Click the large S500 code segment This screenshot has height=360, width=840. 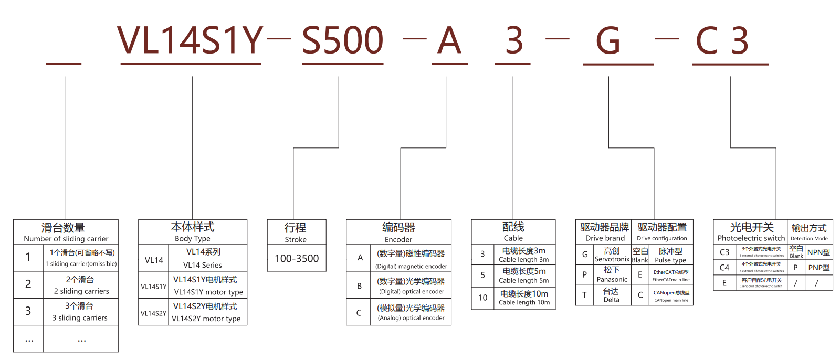(x=342, y=41)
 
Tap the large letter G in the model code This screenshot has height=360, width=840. (x=608, y=41)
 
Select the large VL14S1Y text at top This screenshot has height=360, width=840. (x=190, y=41)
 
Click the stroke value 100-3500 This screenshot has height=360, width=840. (x=297, y=258)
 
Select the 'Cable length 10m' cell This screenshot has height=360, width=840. (x=524, y=298)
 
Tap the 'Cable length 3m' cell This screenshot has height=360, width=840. (x=524, y=255)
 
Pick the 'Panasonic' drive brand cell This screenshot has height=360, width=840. (x=612, y=274)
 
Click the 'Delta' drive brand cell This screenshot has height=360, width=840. (x=611, y=295)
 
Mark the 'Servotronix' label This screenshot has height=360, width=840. (x=612, y=255)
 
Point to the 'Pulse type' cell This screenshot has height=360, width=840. (x=670, y=256)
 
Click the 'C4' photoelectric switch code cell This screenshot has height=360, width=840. (x=724, y=268)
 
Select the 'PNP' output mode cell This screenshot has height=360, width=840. (x=818, y=268)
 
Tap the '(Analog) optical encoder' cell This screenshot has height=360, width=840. (x=411, y=313)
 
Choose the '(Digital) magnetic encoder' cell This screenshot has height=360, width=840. (x=411, y=260)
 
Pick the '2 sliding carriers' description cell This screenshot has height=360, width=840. (x=81, y=285)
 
